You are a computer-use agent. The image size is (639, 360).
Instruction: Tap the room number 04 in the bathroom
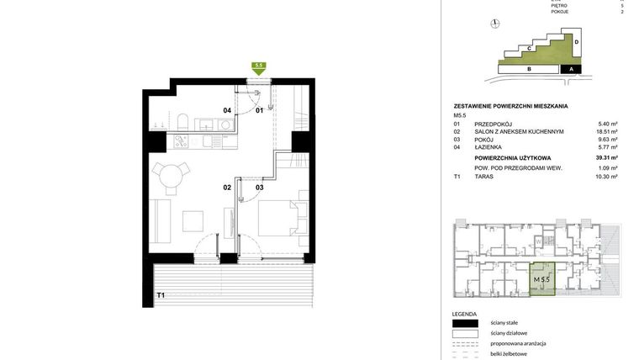pyautogui.click(x=226, y=110)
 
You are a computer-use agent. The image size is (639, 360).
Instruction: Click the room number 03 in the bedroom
pyautogui.click(x=260, y=187)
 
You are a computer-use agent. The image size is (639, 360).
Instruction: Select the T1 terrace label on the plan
pyautogui.click(x=160, y=295)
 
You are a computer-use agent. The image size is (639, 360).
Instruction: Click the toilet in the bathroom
pyautogui.click(x=182, y=124)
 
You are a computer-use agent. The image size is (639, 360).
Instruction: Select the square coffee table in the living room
pyautogui.click(x=193, y=221)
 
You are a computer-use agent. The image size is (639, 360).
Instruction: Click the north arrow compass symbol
pyautogui.click(x=495, y=24)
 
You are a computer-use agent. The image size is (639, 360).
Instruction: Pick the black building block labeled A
pyautogui.click(x=571, y=70)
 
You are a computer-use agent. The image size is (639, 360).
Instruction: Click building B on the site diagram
pyautogui.click(x=528, y=70)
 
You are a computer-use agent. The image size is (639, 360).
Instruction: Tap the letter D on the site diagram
pyautogui.click(x=576, y=41)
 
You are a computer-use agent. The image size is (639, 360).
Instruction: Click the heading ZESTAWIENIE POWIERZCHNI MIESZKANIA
pyautogui.click(x=510, y=106)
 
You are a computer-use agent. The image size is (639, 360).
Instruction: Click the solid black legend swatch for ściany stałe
pyautogui.click(x=464, y=323)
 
